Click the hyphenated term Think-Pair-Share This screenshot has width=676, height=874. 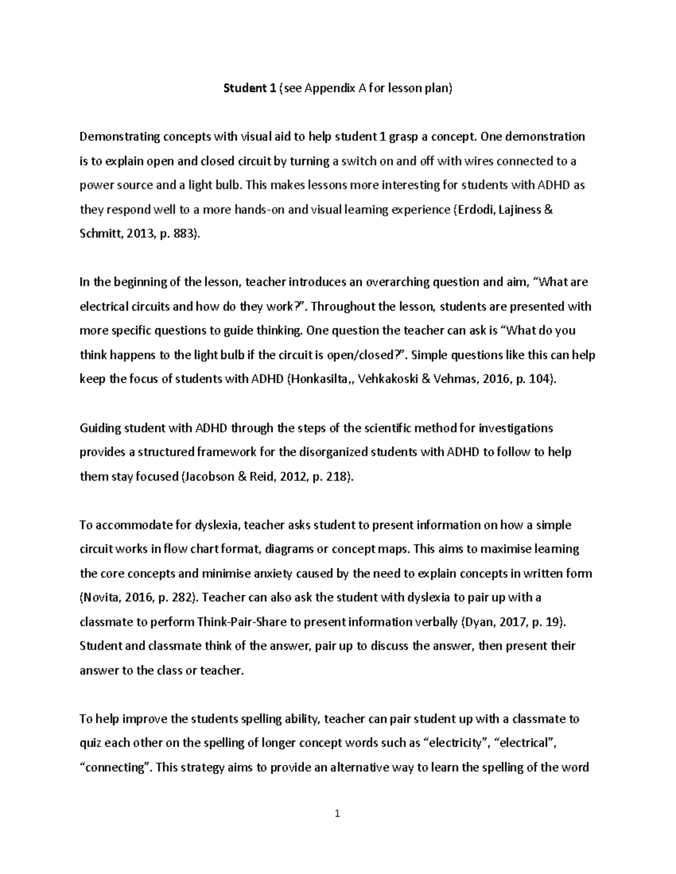[239, 622]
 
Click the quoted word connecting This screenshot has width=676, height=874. [116, 768]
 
